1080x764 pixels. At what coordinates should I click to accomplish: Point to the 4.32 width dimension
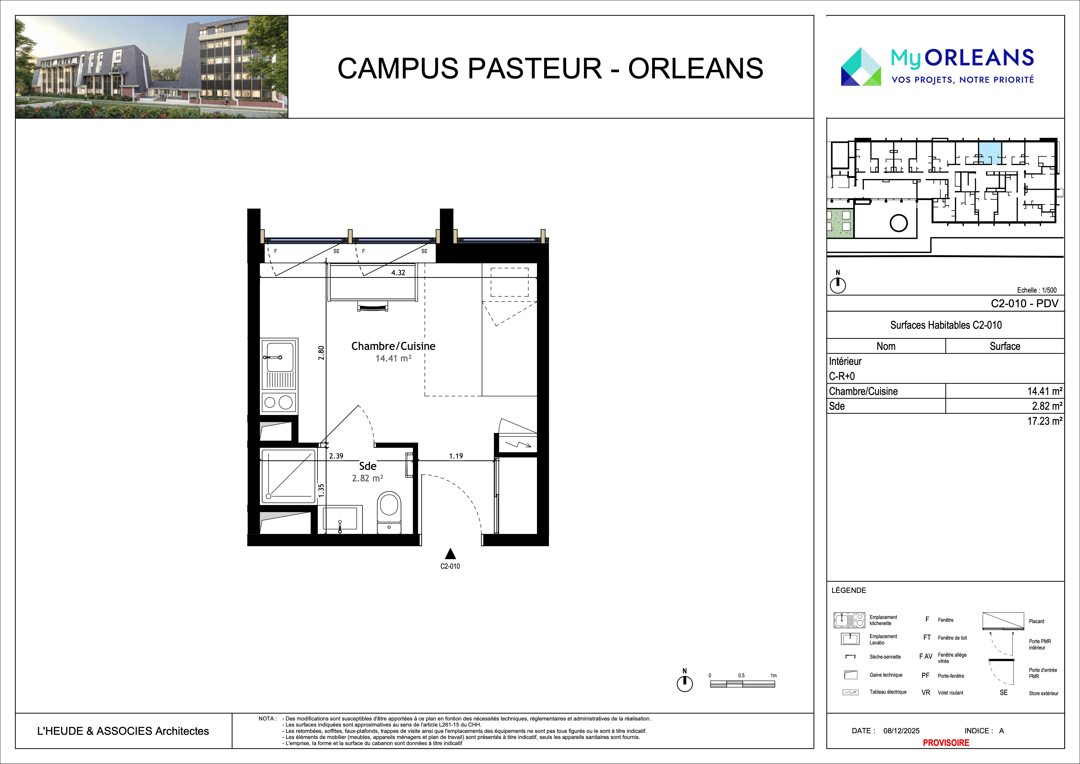[398, 272]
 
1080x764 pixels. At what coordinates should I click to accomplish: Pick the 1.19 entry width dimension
[456, 456]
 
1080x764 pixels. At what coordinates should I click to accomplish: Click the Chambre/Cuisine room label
[393, 346]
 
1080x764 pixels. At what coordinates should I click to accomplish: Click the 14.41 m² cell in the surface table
[1044, 391]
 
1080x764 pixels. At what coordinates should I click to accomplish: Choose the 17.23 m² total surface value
[1044, 421]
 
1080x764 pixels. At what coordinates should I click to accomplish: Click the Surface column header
[1005, 346]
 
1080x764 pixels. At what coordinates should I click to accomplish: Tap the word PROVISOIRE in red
[946, 743]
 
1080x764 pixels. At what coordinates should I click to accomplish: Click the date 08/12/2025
[901, 731]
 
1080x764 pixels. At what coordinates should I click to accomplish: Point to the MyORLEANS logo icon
[861, 66]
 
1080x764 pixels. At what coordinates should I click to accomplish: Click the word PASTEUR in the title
[535, 68]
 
